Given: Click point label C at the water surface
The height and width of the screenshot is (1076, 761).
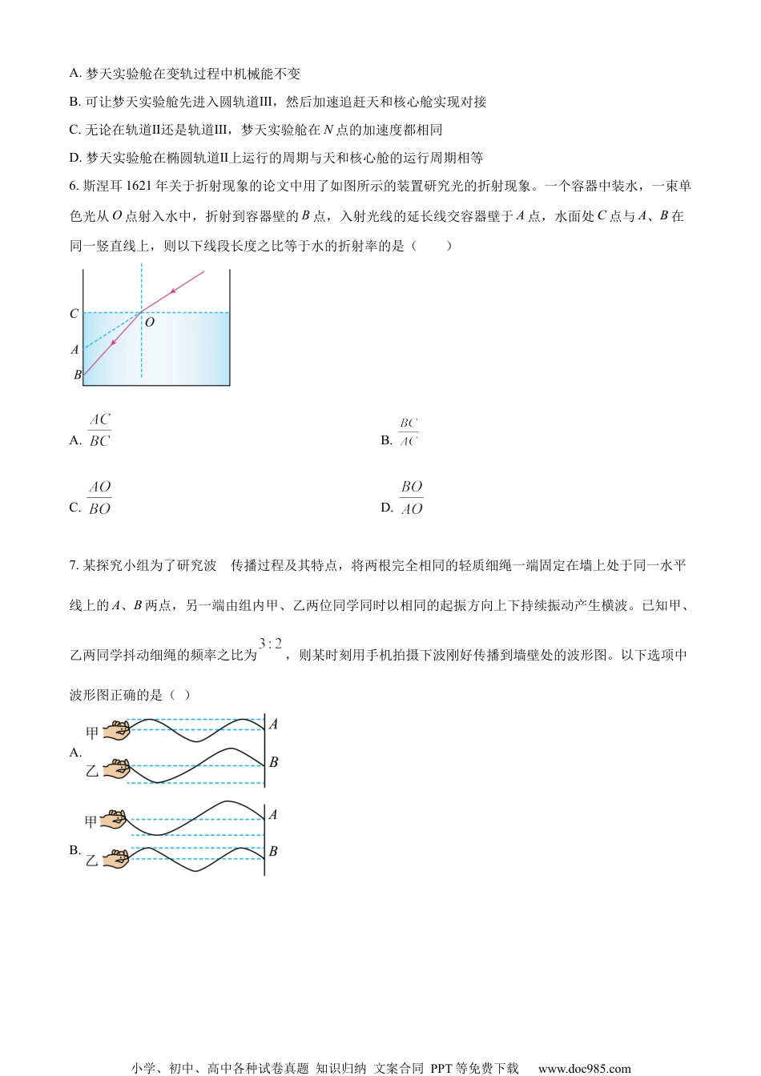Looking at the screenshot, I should [x=74, y=314].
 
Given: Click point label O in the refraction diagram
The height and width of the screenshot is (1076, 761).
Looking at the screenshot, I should [x=150, y=322].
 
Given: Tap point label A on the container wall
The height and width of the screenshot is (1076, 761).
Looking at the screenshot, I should [x=75, y=350].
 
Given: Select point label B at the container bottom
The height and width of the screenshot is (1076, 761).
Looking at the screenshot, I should [x=78, y=375].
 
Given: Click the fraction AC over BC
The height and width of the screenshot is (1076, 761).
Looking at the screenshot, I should [x=99, y=430].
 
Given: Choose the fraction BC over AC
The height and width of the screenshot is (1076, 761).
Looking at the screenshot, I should [x=409, y=432].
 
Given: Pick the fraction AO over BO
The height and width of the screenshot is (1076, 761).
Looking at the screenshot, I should [x=99, y=498].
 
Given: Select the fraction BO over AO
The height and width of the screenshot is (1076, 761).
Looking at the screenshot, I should [x=412, y=498].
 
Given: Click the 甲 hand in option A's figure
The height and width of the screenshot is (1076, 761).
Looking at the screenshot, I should [x=118, y=730].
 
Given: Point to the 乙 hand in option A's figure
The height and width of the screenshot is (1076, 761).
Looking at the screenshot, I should [x=118, y=770].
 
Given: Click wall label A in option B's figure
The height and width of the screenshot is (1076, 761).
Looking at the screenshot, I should [x=273, y=814].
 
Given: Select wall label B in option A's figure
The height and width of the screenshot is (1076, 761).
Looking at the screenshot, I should [x=273, y=762].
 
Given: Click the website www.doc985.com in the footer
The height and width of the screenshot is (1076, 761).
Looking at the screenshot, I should [x=584, y=1068].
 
